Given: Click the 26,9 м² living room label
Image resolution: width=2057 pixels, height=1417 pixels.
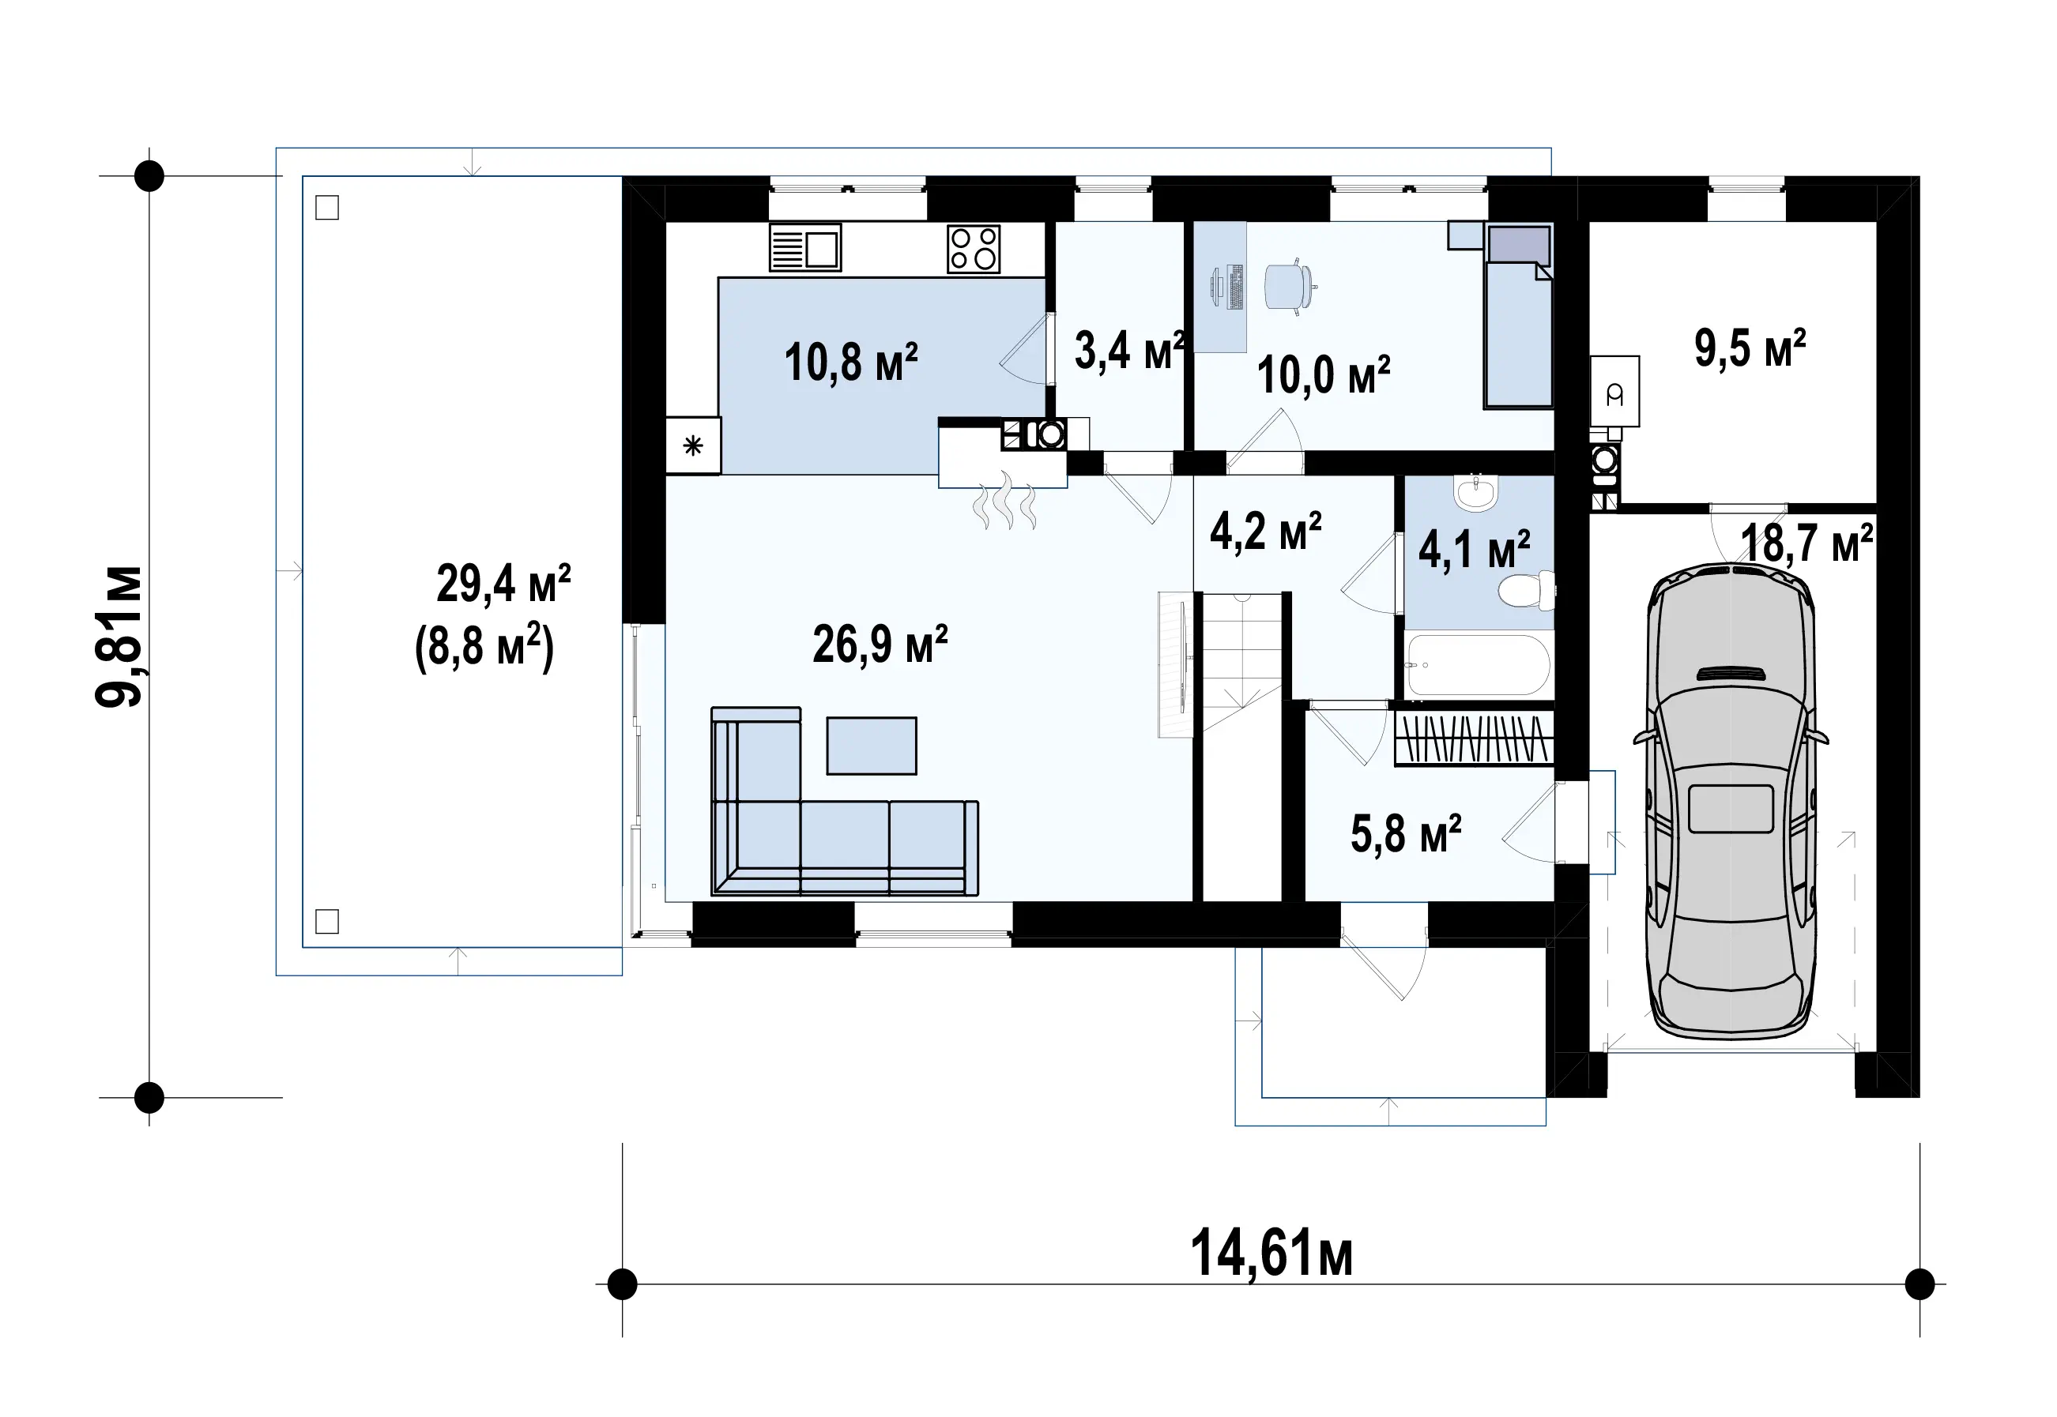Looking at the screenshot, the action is (880, 645).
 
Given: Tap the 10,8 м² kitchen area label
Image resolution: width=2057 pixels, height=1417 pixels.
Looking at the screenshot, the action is (851, 363).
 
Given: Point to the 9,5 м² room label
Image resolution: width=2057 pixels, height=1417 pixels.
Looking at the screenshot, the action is (1750, 348).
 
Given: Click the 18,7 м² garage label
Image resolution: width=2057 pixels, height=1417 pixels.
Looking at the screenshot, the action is (1806, 543).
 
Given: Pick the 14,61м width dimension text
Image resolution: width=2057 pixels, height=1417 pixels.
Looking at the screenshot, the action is (1271, 1253).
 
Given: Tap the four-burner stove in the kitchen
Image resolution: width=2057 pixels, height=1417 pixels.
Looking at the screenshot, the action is (974, 249).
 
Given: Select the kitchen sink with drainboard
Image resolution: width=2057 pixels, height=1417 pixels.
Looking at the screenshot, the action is (804, 249).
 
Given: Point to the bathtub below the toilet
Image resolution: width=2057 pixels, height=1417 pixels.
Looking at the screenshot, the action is (1479, 665).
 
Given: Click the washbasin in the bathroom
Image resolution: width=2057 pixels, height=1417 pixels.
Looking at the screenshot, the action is (1476, 493).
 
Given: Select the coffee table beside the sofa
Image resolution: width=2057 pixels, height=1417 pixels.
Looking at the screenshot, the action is (872, 746).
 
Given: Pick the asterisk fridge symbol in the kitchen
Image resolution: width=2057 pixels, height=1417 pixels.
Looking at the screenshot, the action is (693, 445).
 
